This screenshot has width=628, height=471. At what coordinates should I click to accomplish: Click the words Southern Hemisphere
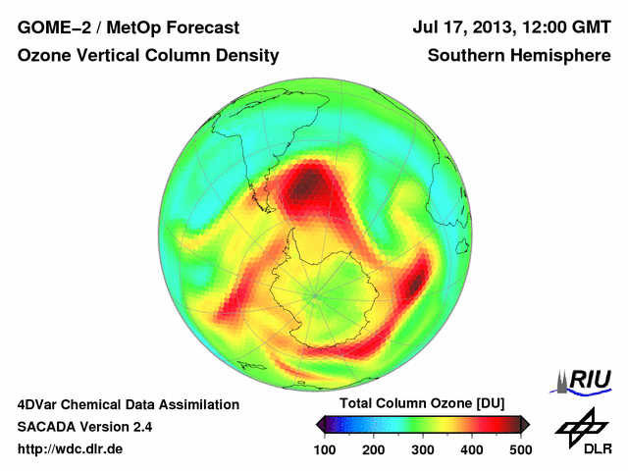tap(519, 56)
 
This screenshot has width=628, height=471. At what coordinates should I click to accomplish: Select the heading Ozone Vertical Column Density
tap(148, 56)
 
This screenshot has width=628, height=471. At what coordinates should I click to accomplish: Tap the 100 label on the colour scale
tap(325, 449)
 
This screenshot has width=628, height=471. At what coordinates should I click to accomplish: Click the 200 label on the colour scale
tap(374, 449)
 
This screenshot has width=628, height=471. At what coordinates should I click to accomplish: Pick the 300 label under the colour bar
tap(423, 449)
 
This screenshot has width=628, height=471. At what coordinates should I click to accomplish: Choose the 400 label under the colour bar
tap(471, 449)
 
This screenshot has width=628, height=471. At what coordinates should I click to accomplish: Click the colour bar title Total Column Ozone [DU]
tap(422, 404)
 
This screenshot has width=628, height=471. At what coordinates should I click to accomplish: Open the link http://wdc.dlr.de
tap(71, 449)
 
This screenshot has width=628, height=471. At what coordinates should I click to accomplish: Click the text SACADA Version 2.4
tap(84, 427)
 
